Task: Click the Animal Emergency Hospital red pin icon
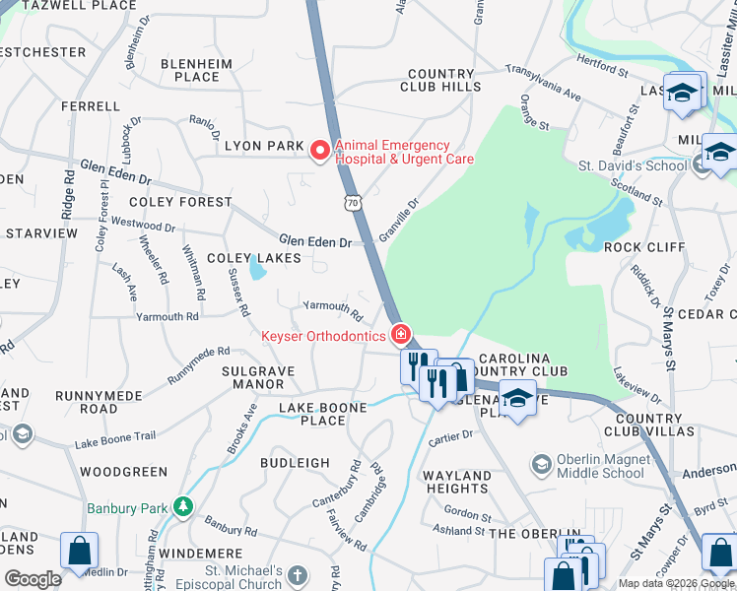pos(320,151)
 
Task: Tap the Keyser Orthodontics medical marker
pos(401,336)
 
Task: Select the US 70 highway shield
pos(352,202)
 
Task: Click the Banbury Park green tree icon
pos(181,507)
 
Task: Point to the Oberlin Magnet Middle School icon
pos(541,464)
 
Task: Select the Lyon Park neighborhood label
pos(264,146)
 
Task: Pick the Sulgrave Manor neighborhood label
pos(258,377)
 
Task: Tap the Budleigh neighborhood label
pos(295,462)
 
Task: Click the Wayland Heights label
pos(457,482)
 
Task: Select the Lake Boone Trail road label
pos(114,440)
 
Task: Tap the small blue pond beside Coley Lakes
pos(257,268)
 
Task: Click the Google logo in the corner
pos(33,579)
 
